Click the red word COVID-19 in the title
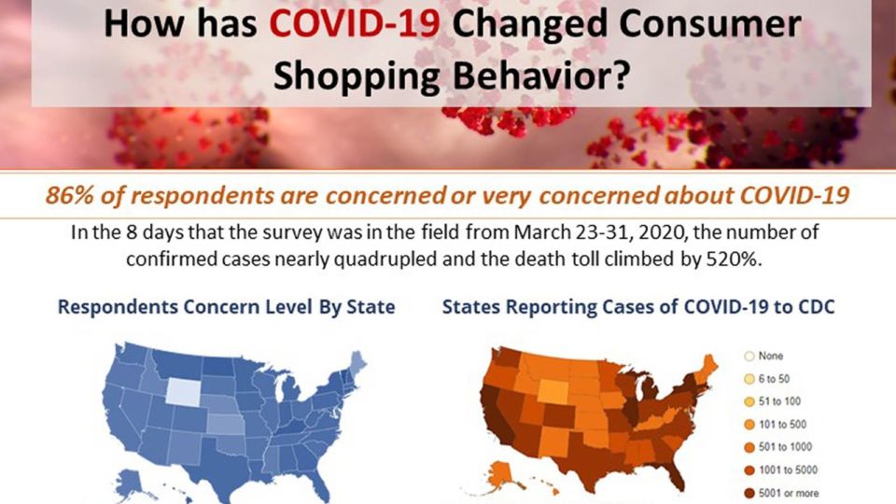click(x=355, y=23)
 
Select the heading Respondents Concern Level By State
click(x=226, y=307)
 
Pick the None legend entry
click(x=763, y=356)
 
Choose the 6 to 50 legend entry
click(x=766, y=379)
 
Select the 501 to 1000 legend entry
click(x=777, y=447)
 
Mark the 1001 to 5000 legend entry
click(x=780, y=469)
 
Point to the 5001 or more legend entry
click(x=781, y=493)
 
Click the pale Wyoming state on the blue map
click(x=184, y=392)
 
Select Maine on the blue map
click(x=357, y=363)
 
